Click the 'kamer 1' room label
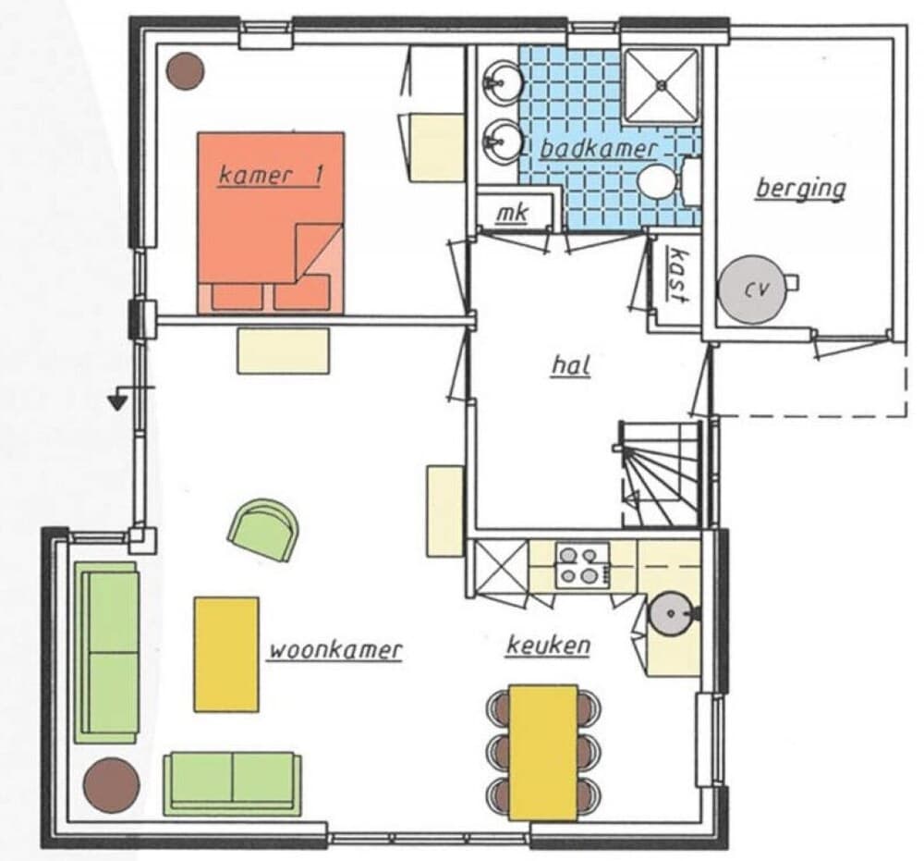point(270,176)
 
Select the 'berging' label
point(800,188)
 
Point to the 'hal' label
point(570,364)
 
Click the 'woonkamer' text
point(335,650)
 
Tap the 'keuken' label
point(547,645)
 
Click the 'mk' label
point(511,214)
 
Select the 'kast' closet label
point(679,276)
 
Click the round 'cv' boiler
point(754,289)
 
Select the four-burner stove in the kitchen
point(581,565)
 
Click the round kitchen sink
point(669,613)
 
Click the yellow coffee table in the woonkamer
point(226,654)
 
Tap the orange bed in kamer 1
point(270,222)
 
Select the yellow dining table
point(543,751)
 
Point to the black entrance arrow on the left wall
point(117,401)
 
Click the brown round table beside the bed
point(187,70)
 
